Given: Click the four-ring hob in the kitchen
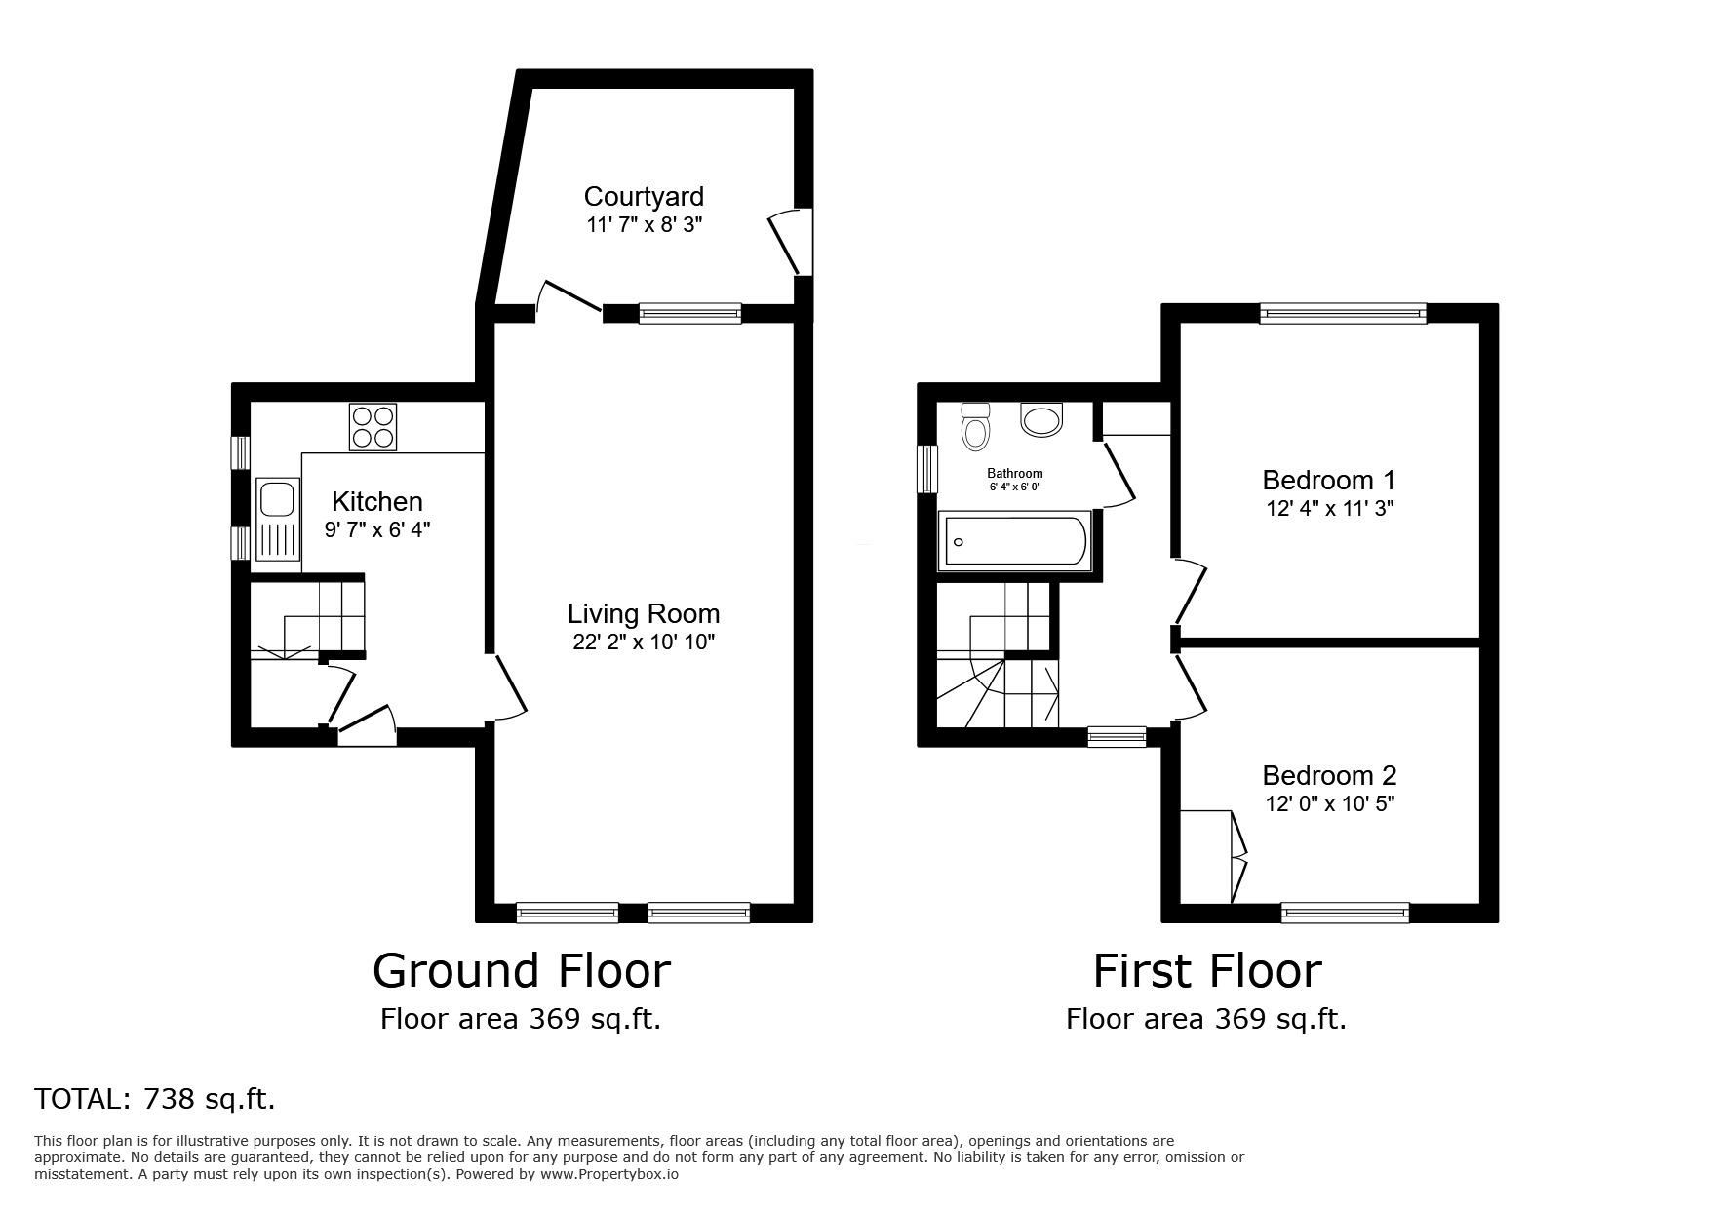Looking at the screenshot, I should [x=373, y=427].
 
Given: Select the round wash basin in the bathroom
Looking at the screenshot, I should [x=1041, y=420].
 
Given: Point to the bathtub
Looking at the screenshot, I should [x=1015, y=543].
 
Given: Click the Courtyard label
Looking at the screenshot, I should [x=644, y=197].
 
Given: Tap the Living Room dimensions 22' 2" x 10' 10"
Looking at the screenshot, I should [x=644, y=643].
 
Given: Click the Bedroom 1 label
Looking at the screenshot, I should [x=1328, y=480].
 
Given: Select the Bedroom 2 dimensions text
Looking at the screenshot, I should [x=1329, y=804].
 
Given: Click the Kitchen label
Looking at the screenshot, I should [x=377, y=502].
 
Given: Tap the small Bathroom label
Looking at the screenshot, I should [x=1015, y=474].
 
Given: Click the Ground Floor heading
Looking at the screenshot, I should [x=522, y=971].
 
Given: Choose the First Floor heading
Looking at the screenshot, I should [x=1206, y=971].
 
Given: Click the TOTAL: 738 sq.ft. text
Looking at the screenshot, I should [x=155, y=1099].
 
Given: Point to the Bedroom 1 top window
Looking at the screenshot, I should [x=1343, y=313].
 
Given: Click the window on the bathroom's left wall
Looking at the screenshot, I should [x=926, y=470].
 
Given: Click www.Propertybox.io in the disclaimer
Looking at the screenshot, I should [x=609, y=1175].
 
